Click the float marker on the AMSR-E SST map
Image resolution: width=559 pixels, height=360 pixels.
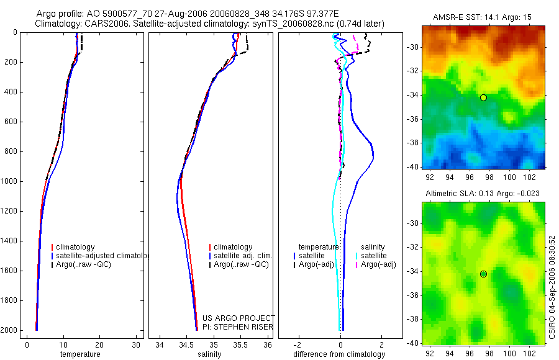click(x=483, y=97)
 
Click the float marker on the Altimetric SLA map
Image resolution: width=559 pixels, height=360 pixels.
click(x=483, y=274)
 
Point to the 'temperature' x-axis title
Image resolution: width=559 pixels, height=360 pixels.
click(x=80, y=354)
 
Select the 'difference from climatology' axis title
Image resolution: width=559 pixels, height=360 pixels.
click(x=340, y=354)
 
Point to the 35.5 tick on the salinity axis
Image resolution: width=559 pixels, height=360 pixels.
click(x=240, y=344)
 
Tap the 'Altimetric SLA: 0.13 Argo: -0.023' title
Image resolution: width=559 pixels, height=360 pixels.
click(x=483, y=194)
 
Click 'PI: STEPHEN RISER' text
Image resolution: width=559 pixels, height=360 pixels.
click(x=238, y=327)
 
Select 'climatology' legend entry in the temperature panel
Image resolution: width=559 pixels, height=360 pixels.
click(x=78, y=247)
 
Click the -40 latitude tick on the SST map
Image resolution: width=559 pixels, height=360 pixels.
click(x=412, y=166)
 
